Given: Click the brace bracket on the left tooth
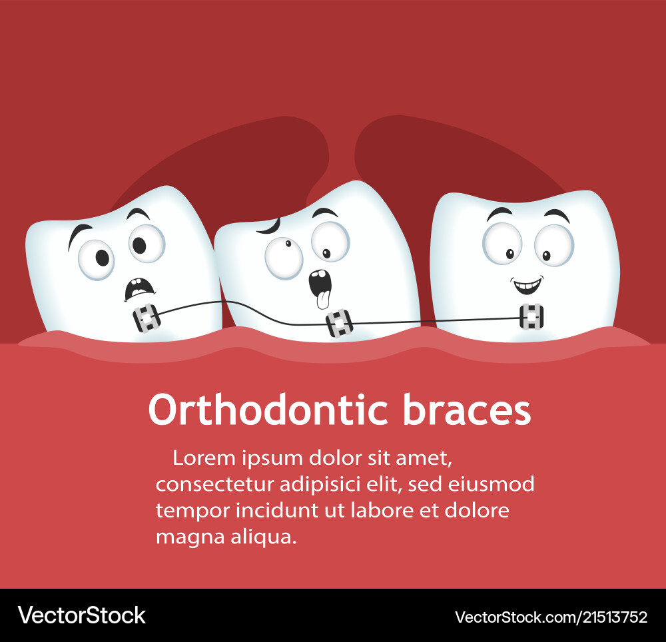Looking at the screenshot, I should (147, 318).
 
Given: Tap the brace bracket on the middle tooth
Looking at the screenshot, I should (338, 324).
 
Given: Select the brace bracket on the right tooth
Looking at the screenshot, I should (531, 318).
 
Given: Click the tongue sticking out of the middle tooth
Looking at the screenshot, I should (322, 299).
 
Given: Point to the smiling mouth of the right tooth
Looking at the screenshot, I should (527, 286).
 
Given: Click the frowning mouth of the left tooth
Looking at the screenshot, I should (139, 288).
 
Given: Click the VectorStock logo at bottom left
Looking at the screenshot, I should (81, 615).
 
